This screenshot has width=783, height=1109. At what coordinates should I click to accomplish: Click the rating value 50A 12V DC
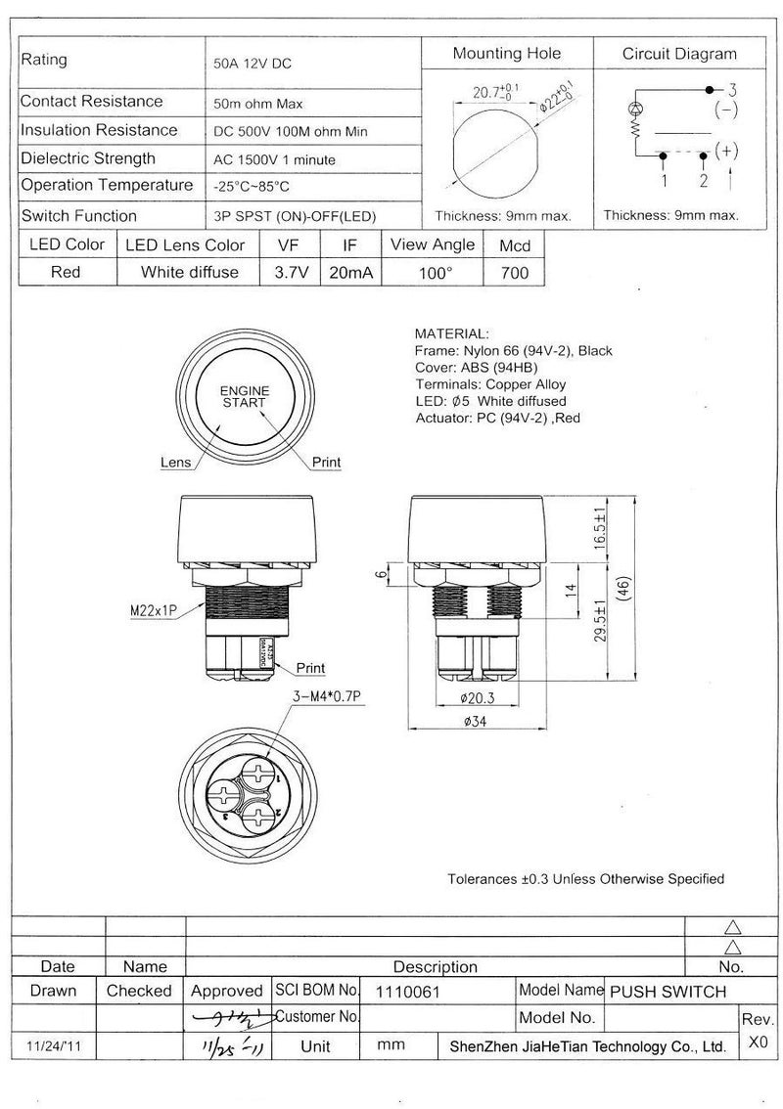click(253, 64)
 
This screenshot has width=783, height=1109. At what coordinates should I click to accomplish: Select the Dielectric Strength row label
click(88, 158)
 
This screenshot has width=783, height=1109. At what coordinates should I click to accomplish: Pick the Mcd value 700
click(514, 273)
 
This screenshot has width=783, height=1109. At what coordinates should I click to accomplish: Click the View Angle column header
click(433, 244)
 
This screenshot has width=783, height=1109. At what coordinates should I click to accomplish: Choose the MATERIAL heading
click(451, 333)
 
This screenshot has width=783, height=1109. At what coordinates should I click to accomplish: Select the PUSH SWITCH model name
click(668, 991)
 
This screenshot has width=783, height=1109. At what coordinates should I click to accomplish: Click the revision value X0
click(757, 1042)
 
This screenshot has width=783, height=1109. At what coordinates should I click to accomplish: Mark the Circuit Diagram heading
click(679, 54)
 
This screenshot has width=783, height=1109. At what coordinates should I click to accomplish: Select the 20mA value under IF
click(351, 273)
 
